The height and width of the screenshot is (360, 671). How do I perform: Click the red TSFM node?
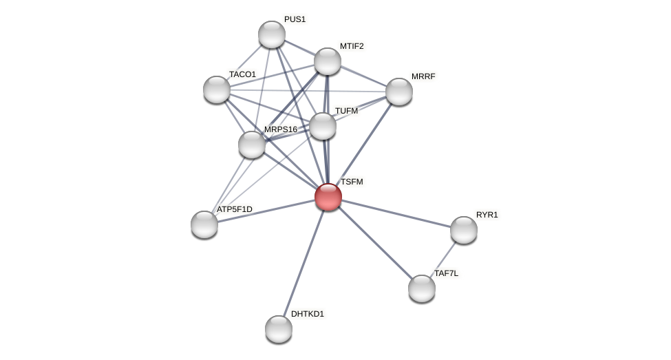coord(328,197)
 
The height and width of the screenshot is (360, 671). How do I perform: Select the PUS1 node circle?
coord(272,34)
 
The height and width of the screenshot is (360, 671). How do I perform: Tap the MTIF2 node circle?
coord(328,61)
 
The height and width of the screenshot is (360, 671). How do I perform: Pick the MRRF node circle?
coord(399,92)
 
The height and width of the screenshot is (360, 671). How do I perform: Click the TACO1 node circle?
coord(217,89)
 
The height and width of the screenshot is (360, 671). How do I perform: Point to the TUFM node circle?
coord(323,126)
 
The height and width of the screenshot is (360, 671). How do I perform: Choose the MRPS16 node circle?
coord(252,145)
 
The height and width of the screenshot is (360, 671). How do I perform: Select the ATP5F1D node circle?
coord(204,224)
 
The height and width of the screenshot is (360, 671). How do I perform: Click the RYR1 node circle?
coord(464,230)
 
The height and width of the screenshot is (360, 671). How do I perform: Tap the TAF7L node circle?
coord(422,288)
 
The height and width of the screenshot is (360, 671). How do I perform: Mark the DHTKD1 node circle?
coord(279,329)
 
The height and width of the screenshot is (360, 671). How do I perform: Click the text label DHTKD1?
coord(307,314)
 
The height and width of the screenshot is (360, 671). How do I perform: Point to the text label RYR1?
coord(487,215)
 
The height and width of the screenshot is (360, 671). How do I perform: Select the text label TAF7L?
coord(446,273)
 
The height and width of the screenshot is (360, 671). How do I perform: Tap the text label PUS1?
coord(295,19)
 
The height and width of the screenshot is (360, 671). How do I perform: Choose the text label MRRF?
coord(423,76)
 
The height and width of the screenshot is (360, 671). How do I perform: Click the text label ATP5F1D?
coord(235,209)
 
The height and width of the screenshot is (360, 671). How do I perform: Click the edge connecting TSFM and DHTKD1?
coord(303,263)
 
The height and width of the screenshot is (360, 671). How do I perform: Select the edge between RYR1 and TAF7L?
coord(443,259)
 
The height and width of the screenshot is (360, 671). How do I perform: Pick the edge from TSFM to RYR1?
coord(396,213)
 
